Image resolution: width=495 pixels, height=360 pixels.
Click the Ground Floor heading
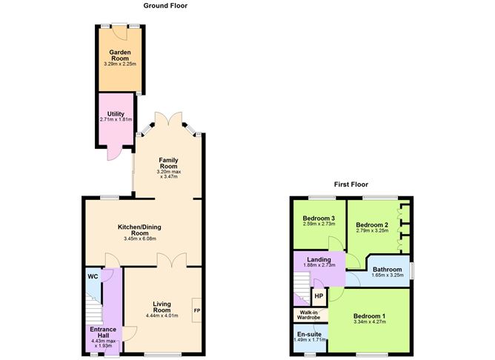pos(165,6)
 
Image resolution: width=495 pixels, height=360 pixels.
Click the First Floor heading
pos(351,184)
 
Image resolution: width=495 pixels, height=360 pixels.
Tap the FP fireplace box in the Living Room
pos(196,310)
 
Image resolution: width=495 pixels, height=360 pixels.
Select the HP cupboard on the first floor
pos(319,296)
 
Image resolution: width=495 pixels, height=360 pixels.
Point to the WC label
pos(93,277)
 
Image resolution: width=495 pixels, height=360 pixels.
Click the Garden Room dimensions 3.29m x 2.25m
pos(120,64)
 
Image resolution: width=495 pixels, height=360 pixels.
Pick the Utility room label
pos(116,114)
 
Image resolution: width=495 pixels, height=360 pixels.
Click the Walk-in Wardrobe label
pos(309,315)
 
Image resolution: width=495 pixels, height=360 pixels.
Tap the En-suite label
pos(310,334)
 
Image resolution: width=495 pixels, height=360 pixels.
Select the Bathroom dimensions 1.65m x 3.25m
pos(388,275)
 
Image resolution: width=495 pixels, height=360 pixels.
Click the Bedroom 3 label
pos(319,218)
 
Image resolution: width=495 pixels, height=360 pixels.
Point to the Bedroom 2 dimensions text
pos(372,230)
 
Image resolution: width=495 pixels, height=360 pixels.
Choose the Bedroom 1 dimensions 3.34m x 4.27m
pos(369,321)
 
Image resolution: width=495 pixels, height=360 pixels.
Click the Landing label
pos(319,259)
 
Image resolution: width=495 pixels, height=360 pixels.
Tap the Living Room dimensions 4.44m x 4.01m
pos(162,316)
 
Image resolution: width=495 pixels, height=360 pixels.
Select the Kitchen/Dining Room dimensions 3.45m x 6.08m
pos(139,239)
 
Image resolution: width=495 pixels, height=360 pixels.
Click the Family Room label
pos(168,163)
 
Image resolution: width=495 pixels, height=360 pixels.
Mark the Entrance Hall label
pos(103,333)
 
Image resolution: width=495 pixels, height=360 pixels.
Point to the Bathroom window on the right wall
pos(412,270)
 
